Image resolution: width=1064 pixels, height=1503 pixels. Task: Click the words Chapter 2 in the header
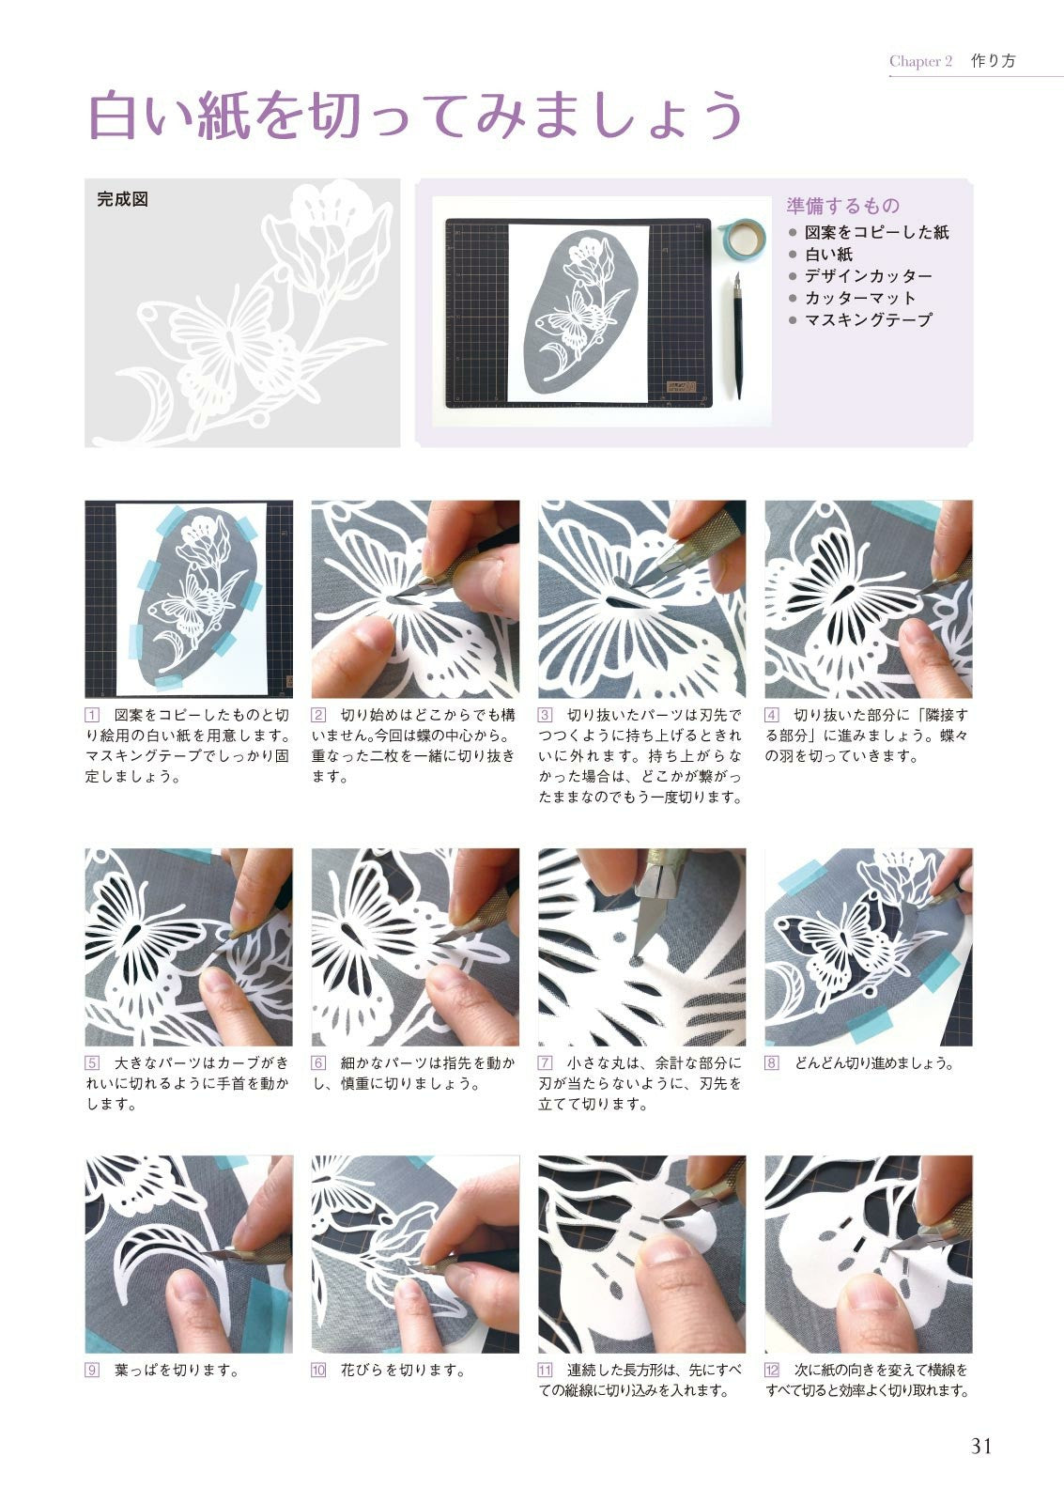click(920, 61)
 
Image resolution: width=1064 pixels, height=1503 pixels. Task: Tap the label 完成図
click(122, 199)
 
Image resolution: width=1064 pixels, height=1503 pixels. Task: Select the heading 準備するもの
click(842, 206)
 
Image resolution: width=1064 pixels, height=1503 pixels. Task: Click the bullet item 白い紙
click(828, 255)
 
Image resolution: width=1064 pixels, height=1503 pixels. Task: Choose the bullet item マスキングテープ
click(868, 320)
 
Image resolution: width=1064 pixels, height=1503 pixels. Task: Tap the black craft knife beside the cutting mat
click(737, 334)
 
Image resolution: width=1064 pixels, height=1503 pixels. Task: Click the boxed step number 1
click(92, 715)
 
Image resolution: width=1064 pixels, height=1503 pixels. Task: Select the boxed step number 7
click(546, 1062)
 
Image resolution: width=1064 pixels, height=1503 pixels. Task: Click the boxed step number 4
click(772, 715)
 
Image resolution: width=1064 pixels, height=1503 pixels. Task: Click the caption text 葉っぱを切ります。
click(177, 1371)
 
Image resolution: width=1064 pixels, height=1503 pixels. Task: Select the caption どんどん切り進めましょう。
click(874, 1062)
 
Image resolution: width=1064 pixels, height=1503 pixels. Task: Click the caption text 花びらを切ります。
click(403, 1371)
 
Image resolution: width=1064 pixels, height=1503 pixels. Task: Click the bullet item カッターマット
click(860, 298)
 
